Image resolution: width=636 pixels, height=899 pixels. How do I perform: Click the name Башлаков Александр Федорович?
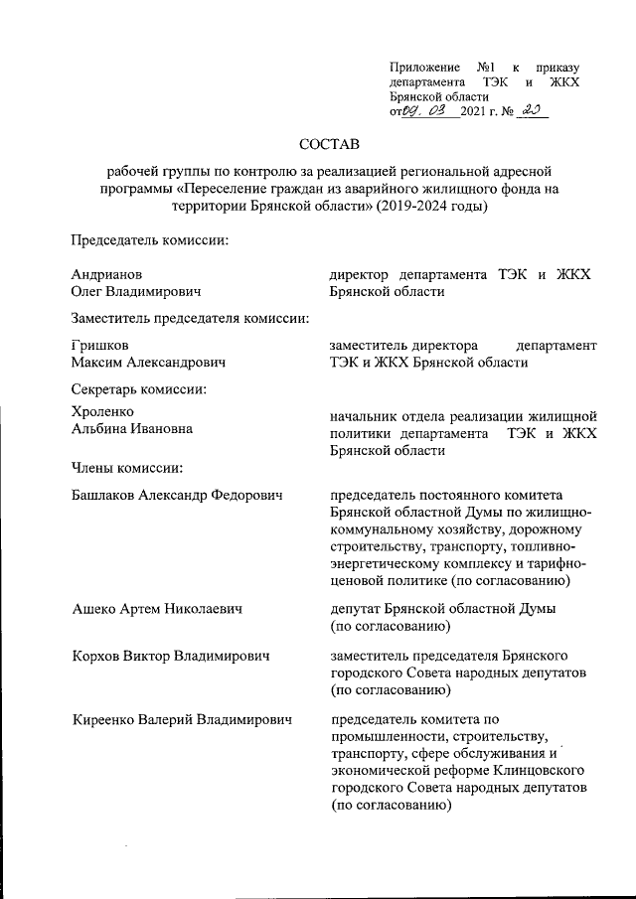point(178,495)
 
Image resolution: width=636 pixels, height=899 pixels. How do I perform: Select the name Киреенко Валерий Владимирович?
point(182,718)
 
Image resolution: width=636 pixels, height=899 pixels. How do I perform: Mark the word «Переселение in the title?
point(237,189)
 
